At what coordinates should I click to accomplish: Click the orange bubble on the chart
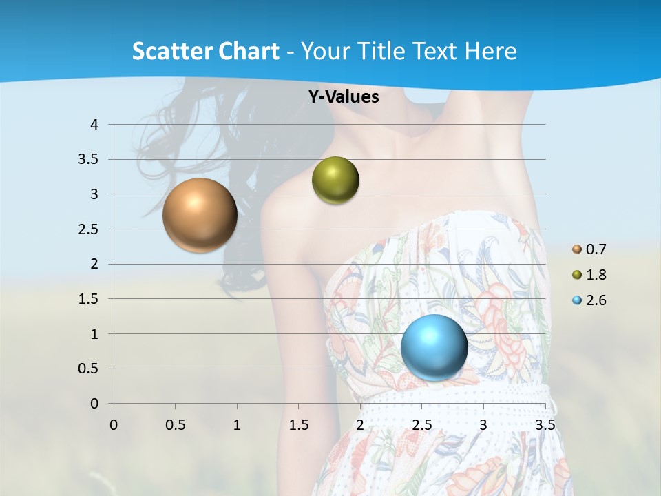coord(200,215)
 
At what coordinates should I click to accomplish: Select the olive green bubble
coord(335,180)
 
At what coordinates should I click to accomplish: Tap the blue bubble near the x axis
coord(434,347)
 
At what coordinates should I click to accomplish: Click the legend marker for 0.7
coord(577,249)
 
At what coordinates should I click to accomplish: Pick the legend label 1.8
coord(596,275)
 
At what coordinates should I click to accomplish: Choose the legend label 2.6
coord(596,300)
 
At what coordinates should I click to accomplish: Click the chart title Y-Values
coord(344,97)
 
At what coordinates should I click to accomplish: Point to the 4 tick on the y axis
coord(95,125)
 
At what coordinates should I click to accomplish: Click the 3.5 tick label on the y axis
coord(90,160)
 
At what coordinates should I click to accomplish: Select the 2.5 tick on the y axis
coord(90,229)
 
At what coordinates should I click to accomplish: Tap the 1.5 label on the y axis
coord(90,299)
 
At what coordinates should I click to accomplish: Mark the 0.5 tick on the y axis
coord(90,369)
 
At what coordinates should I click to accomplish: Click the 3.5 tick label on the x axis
coord(545,425)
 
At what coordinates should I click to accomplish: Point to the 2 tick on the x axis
coord(360,425)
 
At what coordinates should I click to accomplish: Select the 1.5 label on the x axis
coord(298,425)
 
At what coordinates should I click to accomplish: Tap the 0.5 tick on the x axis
coord(175,425)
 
